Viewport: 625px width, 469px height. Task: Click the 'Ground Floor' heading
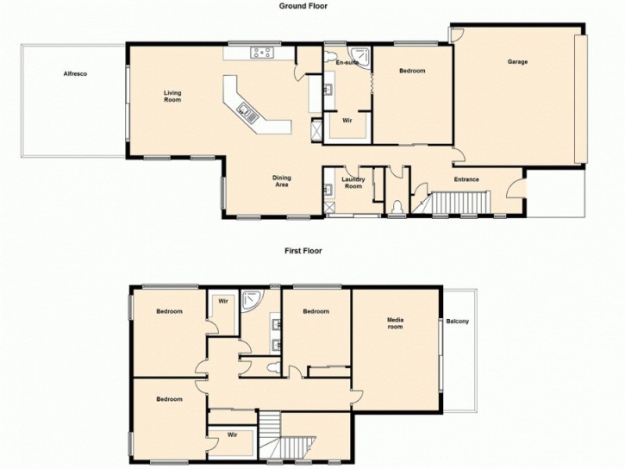pyautogui.click(x=304, y=5)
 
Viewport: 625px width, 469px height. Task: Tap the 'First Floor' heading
pyautogui.click(x=304, y=252)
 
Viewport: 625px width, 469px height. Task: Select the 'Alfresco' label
pyautogui.click(x=75, y=73)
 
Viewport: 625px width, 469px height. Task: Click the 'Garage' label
pyautogui.click(x=517, y=61)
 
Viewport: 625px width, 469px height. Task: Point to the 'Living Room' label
pyautogui.click(x=172, y=96)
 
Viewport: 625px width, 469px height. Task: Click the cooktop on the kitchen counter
pyautogui.click(x=261, y=53)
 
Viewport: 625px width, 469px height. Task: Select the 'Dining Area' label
pyautogui.click(x=282, y=181)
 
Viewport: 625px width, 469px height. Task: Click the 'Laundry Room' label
pyautogui.click(x=352, y=183)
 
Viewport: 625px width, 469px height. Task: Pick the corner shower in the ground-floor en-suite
pyautogui.click(x=360, y=53)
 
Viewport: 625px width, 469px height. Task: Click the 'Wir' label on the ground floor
pyautogui.click(x=347, y=121)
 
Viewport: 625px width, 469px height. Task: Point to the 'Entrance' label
pyautogui.click(x=466, y=180)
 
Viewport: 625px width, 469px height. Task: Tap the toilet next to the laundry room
pyautogui.click(x=398, y=206)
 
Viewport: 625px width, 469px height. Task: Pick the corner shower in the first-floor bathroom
pyautogui.click(x=252, y=299)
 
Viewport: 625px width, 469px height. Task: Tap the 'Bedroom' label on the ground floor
pyautogui.click(x=412, y=72)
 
